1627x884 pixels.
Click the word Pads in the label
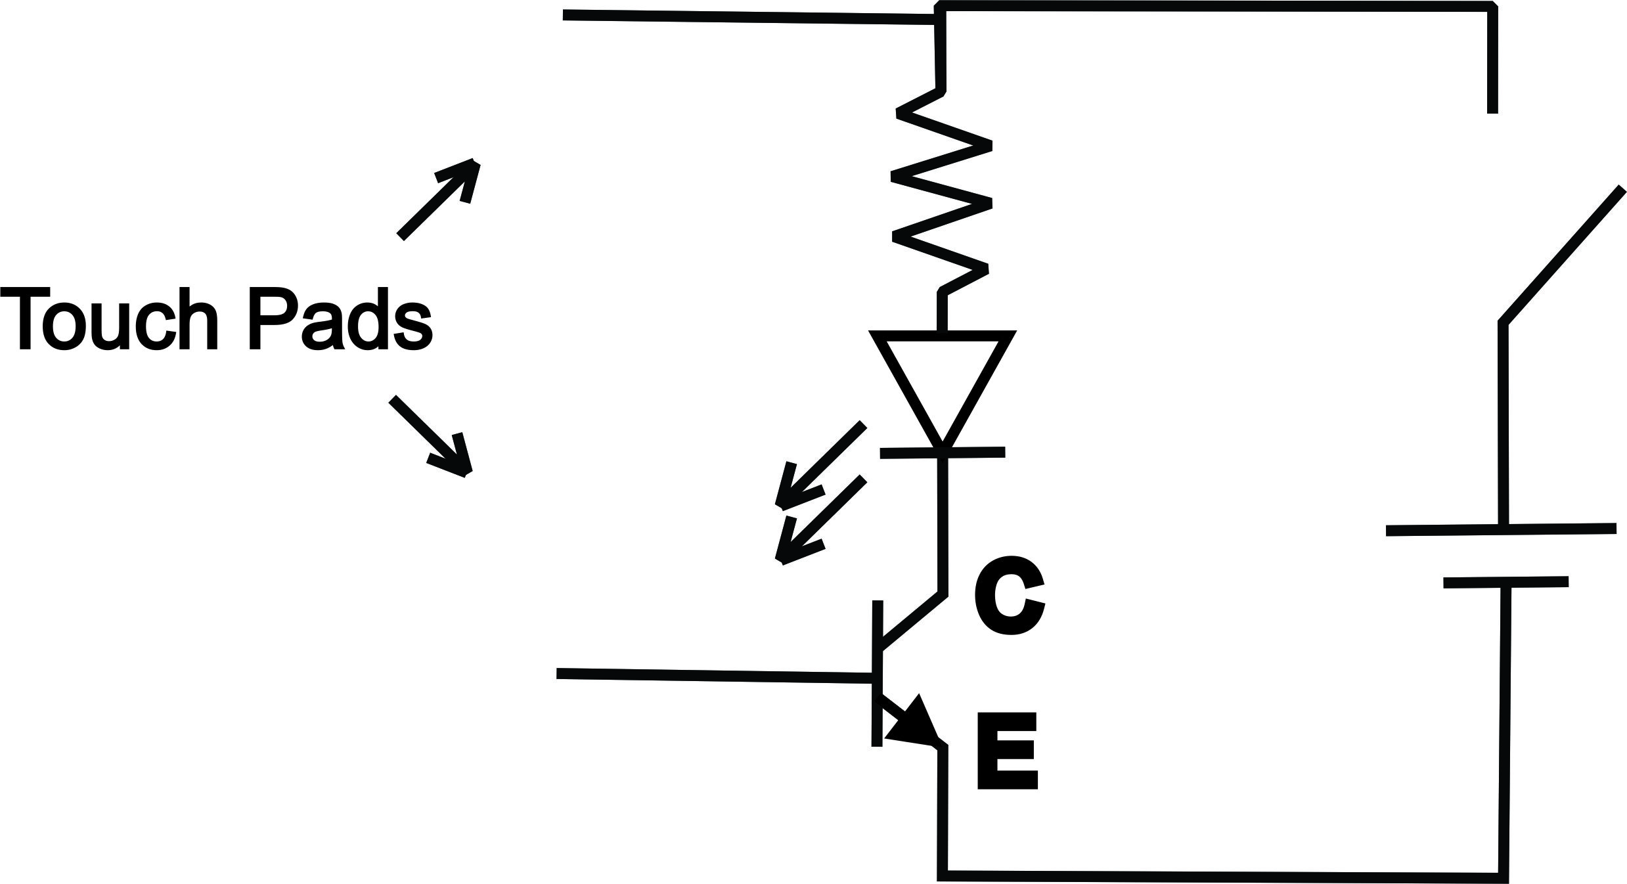coord(340,320)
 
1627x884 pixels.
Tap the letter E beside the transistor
coord(1007,751)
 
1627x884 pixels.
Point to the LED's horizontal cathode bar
coord(943,453)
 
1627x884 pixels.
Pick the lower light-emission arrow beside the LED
coord(818,523)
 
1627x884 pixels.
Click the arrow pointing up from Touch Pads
coord(440,198)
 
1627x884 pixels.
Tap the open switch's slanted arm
coord(1560,256)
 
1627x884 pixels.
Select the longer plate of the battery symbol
coord(1501,529)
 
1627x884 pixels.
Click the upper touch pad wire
coord(749,18)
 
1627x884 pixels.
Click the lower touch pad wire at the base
coord(716,676)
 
